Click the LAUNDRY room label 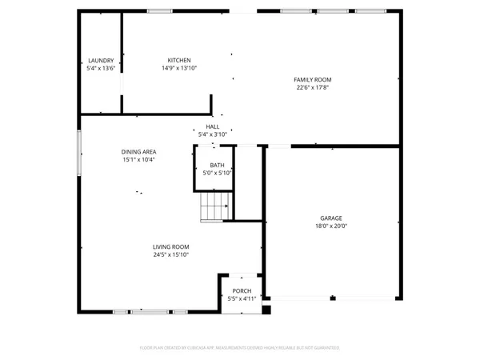point(101,61)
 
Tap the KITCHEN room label point(178,61)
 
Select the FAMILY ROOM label point(312,79)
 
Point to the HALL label point(213,126)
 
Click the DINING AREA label point(138,152)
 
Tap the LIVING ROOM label point(171,247)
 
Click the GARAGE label point(332,218)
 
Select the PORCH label point(242,291)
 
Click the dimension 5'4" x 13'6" point(101,69)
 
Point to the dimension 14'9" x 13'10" point(178,69)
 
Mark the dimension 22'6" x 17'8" point(312,87)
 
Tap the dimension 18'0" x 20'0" point(332,226)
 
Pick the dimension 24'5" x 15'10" point(171,255)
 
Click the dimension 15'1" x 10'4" point(138,160)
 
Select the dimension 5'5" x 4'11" point(242,298)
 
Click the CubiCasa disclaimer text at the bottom point(240,348)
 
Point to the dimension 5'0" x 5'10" point(216,172)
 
